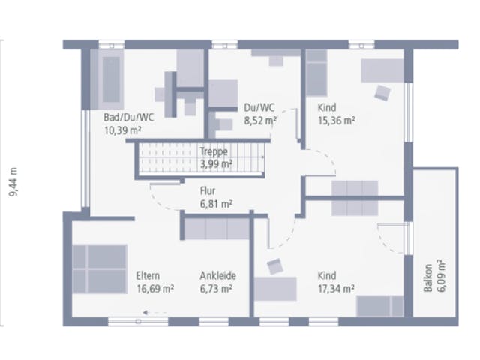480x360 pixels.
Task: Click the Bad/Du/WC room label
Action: (128, 117)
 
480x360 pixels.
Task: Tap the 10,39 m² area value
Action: (123, 130)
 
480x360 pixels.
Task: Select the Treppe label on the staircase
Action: (214, 151)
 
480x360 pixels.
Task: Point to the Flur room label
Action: (208, 190)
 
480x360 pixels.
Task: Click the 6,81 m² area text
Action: (217, 204)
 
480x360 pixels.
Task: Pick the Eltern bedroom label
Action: (148, 275)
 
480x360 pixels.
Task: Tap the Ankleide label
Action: (218, 275)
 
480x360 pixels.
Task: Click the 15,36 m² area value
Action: (337, 121)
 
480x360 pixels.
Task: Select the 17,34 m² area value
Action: (336, 289)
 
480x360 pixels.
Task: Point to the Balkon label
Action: (428, 277)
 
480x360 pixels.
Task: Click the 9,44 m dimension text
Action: (13, 182)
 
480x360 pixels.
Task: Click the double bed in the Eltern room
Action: (100, 269)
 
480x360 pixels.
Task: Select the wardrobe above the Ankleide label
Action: (217, 229)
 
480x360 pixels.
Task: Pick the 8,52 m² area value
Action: (260, 121)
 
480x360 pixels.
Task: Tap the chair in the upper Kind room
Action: (382, 92)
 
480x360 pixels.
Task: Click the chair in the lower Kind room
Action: (275, 266)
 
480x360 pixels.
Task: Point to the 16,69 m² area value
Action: (155, 289)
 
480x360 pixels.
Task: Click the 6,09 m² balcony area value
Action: (441, 276)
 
